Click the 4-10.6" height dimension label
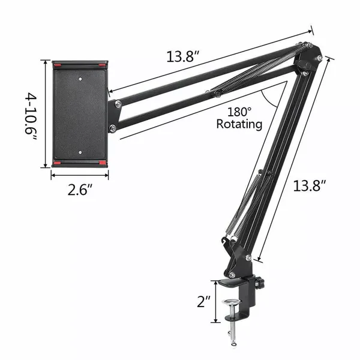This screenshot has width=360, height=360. (31, 116)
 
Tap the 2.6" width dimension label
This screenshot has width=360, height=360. (80, 190)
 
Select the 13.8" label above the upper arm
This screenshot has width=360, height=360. (183, 56)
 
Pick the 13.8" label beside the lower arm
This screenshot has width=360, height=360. (310, 185)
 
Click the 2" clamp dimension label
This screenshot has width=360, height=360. (203, 301)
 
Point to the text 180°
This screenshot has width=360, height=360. (239, 112)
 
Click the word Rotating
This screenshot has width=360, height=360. (239, 124)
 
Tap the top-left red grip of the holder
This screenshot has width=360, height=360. (58, 65)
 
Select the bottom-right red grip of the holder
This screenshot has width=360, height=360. (103, 163)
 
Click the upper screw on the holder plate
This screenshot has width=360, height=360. (80, 79)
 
